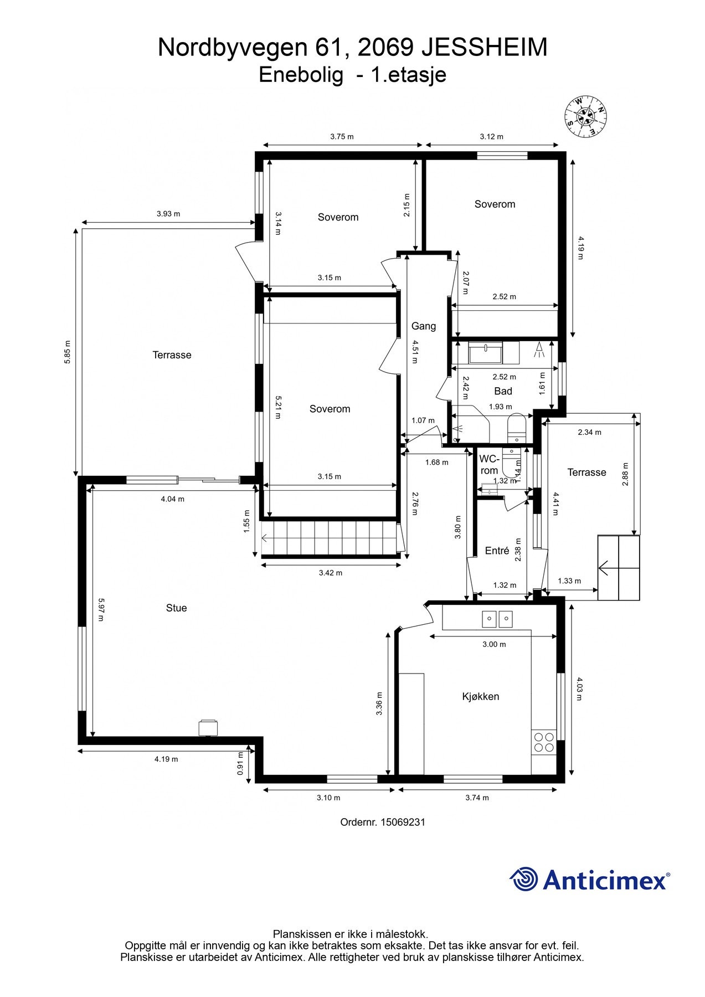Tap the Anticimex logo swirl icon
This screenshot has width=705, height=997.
[x=524, y=879]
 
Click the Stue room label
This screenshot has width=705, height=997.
[x=176, y=608]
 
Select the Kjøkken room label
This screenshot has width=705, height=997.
[x=481, y=697]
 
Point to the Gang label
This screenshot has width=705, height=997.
[x=424, y=326]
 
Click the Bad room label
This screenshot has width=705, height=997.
[x=503, y=391]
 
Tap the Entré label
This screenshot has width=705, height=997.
[x=497, y=551]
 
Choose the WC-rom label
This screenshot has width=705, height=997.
[x=489, y=465]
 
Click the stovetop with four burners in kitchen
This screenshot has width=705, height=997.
[x=543, y=742]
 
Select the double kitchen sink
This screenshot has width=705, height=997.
[x=497, y=619]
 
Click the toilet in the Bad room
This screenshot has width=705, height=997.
[x=516, y=428]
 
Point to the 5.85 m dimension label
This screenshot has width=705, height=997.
[x=68, y=352]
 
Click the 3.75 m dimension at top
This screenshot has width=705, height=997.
[x=342, y=137]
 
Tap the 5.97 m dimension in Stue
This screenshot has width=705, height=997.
[x=101, y=609]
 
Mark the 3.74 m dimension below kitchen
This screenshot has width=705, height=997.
[x=477, y=798]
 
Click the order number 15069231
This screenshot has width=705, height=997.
[x=383, y=823]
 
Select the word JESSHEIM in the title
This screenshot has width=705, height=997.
[x=485, y=48]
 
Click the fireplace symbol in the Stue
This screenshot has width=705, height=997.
[x=208, y=728]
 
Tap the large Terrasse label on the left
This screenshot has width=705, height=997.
[x=172, y=355]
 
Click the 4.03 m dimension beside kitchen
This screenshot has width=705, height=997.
[x=579, y=688]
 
